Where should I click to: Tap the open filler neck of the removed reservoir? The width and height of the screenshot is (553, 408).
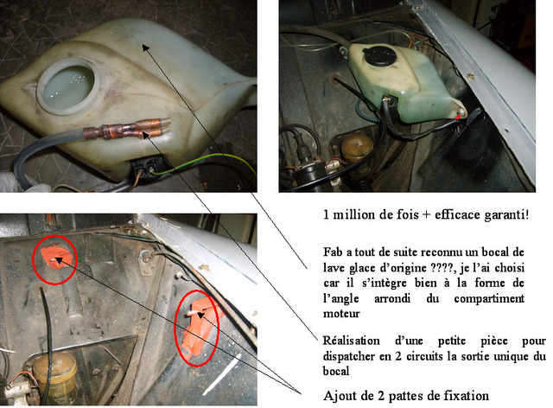click(x=68, y=86)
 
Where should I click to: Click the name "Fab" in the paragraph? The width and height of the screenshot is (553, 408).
click(x=333, y=252)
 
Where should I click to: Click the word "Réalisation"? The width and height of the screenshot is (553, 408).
click(x=352, y=341)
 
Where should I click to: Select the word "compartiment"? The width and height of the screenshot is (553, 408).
click(x=489, y=298)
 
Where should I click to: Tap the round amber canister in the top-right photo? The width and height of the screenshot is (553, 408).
click(x=356, y=149)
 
